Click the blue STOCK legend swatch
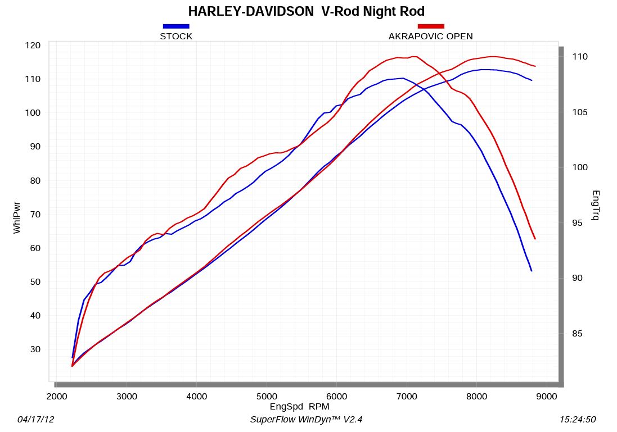pos(176,26)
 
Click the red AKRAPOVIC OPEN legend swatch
pos(430,26)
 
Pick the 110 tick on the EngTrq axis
pos(579,57)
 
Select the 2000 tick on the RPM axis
pos(57,396)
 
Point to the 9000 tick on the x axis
pos(547,396)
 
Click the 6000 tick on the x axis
pos(336,396)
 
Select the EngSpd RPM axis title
pos(300,406)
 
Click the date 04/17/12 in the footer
pos(37,420)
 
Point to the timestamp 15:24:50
pos(578,420)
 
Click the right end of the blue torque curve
pos(531,271)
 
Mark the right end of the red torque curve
pos(535,239)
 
